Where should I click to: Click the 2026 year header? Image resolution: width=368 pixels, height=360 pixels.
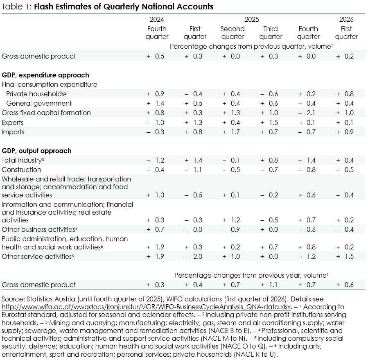(x=346, y=19)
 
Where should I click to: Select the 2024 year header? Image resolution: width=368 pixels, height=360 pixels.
(x=157, y=19)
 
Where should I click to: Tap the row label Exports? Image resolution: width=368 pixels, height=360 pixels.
(x=13, y=122)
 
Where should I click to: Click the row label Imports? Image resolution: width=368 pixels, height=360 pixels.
(x=13, y=132)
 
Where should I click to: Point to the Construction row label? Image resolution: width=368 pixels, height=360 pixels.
(x=21, y=170)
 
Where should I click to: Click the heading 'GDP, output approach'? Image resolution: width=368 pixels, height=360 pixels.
(x=36, y=151)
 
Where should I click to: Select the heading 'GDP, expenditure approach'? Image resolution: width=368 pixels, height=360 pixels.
(x=45, y=75)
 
